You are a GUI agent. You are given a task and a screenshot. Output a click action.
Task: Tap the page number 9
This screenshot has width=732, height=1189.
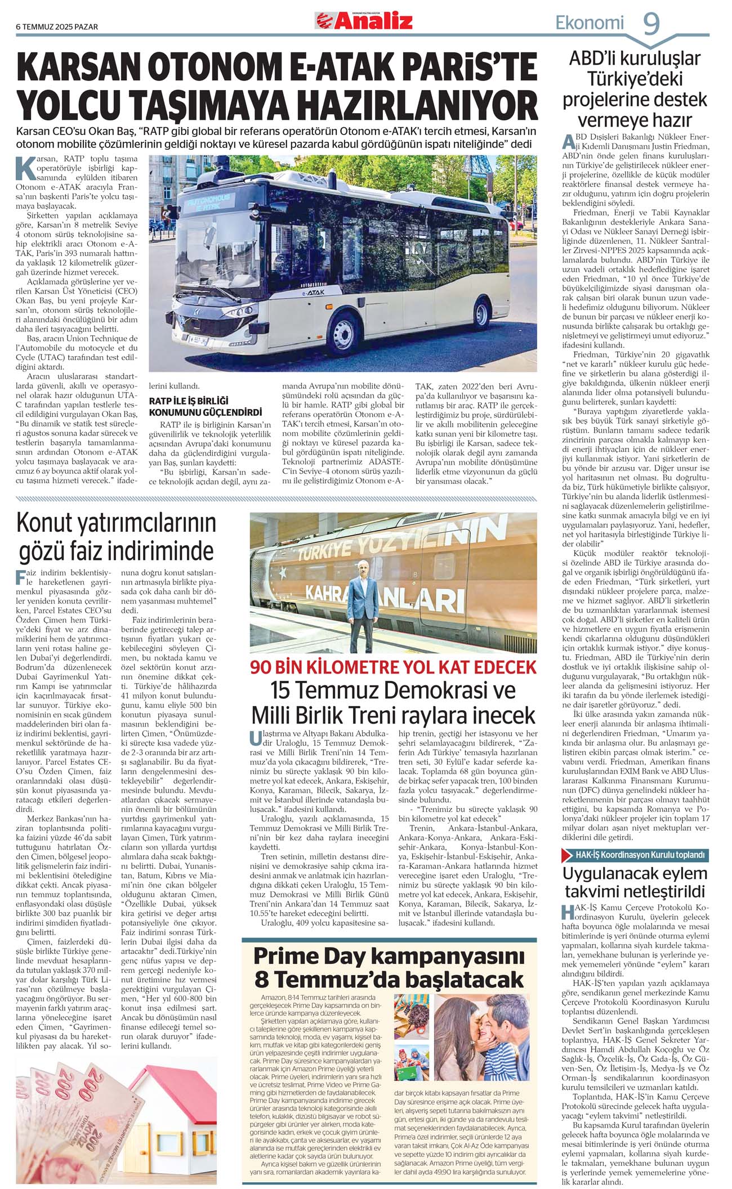[x=651, y=24]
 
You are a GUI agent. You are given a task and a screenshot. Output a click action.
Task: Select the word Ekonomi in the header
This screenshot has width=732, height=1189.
[x=590, y=23]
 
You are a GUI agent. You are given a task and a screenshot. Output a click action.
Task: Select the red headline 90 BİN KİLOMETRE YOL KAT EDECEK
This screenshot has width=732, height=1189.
[x=393, y=667]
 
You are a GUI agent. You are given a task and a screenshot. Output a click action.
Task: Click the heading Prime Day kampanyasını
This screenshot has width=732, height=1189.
[x=389, y=955]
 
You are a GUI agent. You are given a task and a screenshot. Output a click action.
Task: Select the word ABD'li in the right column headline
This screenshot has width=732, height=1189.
[x=596, y=59]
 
